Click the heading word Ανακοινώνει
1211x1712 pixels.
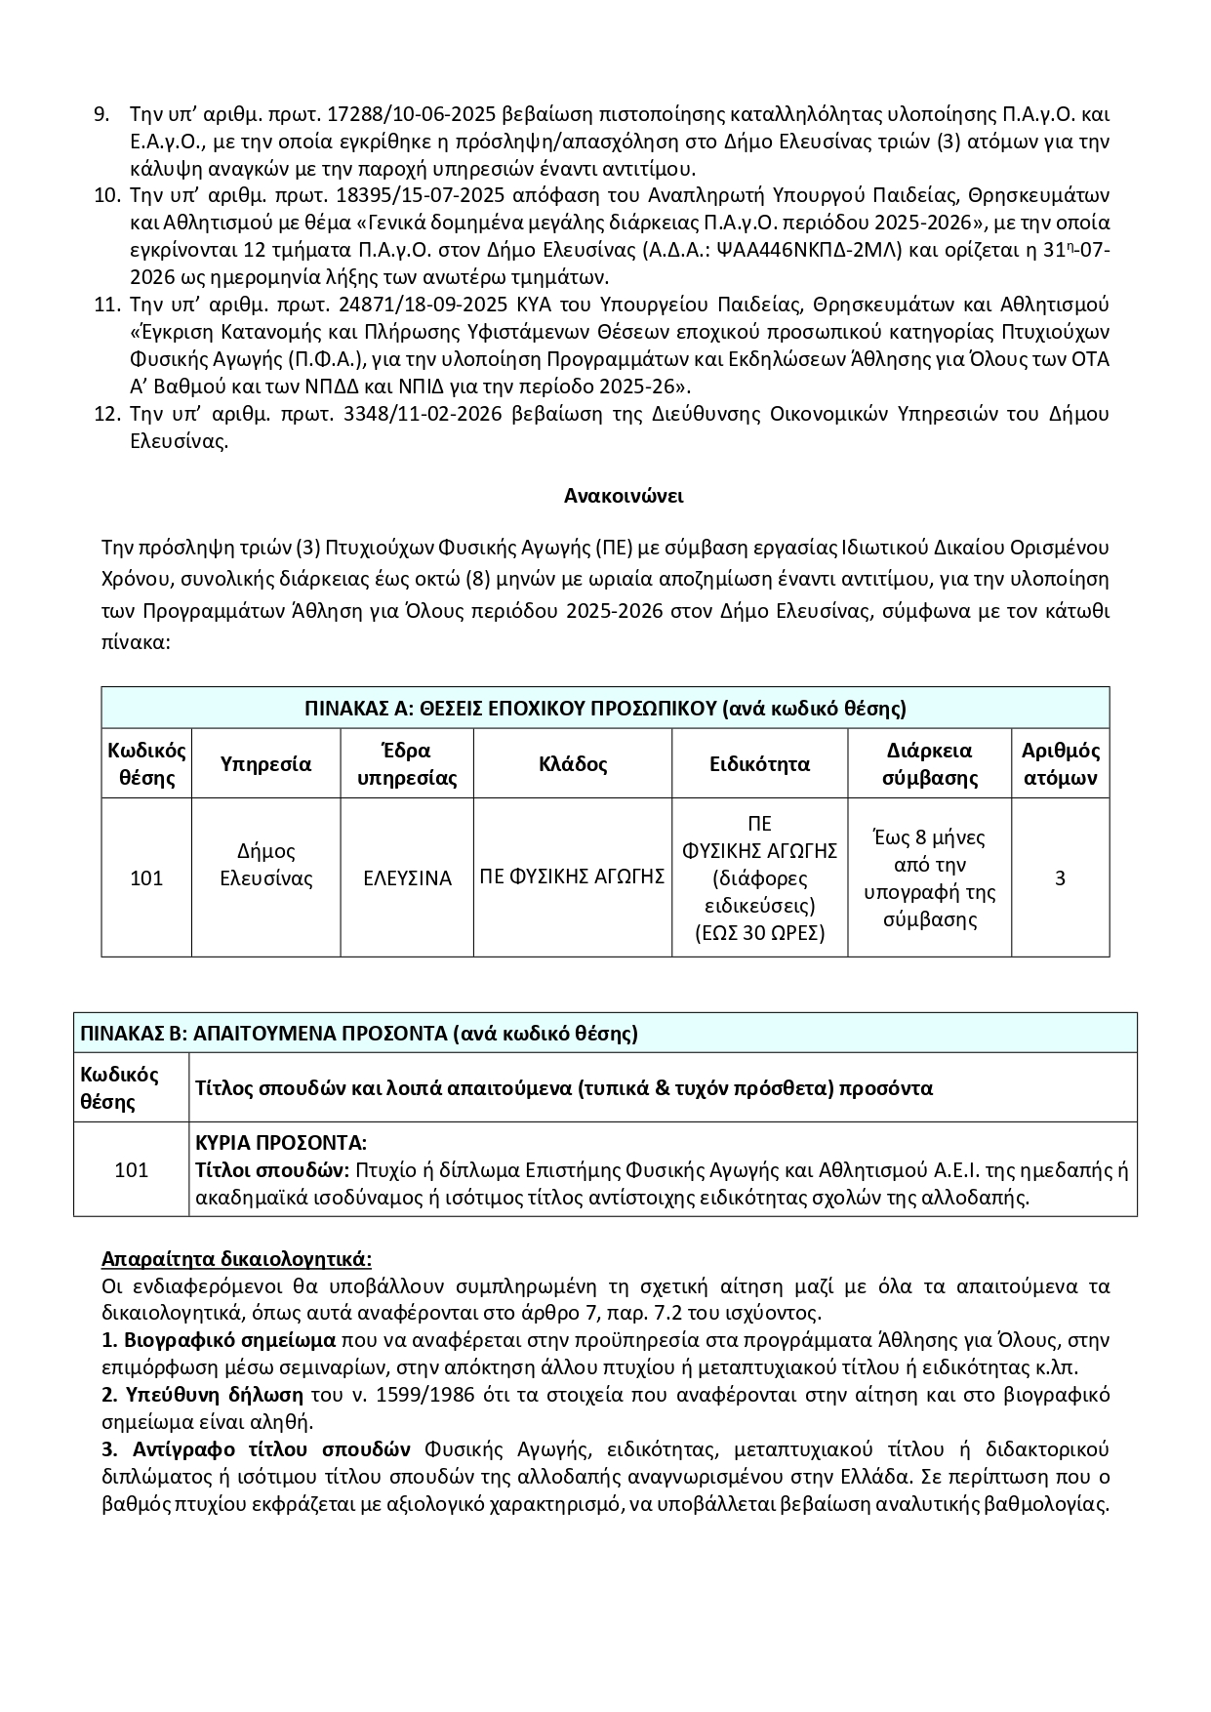[x=624, y=496]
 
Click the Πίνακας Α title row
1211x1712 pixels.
[x=605, y=708]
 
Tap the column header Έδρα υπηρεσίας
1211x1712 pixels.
[x=407, y=764]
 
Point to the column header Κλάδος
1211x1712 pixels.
[x=573, y=764]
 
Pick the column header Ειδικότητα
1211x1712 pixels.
[x=759, y=764]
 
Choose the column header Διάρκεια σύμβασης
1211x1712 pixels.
[x=929, y=764]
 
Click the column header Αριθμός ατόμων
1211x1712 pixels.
[x=1060, y=764]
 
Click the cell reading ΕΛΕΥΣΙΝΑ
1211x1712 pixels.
[x=407, y=878]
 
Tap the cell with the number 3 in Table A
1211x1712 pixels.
[x=1060, y=878]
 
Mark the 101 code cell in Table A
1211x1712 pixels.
[x=146, y=878]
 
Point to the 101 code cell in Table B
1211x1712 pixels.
[x=131, y=1169]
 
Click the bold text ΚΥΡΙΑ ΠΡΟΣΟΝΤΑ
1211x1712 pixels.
[x=281, y=1143]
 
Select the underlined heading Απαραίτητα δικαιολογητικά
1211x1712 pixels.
[x=236, y=1259]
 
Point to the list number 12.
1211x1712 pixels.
[x=105, y=414]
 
